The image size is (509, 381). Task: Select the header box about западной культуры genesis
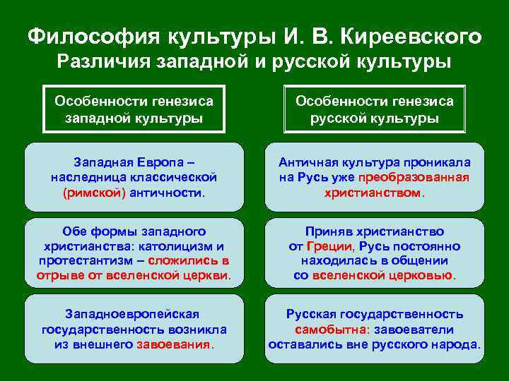coord(134,109)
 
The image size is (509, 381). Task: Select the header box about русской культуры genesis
coord(374,109)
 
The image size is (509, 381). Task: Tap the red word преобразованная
coord(414,177)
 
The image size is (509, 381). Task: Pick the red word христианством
coord(373,193)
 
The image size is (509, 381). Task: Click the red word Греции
coord(330,246)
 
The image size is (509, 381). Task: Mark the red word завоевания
coord(178,345)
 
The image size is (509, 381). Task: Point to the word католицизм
coord(185,246)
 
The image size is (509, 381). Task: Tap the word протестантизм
coord(81,260)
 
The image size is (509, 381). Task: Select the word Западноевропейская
coord(132,314)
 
